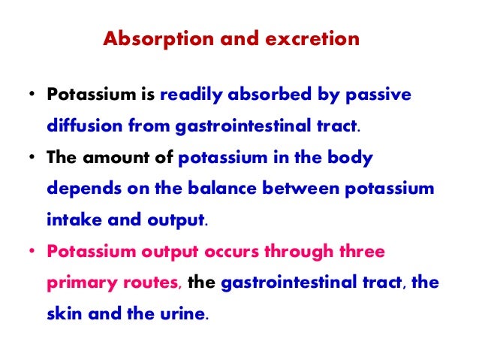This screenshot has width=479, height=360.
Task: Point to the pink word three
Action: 361,252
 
